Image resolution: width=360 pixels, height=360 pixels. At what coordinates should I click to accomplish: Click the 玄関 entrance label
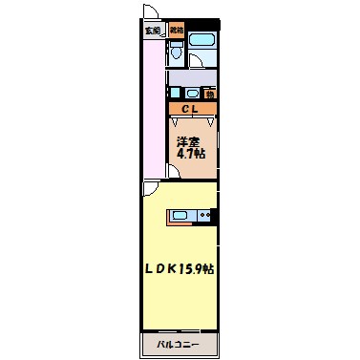click(x=152, y=31)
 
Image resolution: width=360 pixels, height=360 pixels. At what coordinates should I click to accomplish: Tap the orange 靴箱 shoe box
click(x=177, y=31)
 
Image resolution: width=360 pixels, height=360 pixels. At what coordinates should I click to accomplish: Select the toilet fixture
click(x=177, y=53)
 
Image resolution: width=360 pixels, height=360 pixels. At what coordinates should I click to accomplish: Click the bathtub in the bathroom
click(x=201, y=42)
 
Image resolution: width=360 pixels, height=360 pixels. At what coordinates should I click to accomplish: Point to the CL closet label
click(x=191, y=109)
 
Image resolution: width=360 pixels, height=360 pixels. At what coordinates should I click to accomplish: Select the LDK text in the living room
click(x=161, y=269)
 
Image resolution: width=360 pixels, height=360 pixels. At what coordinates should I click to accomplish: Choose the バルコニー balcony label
click(x=180, y=341)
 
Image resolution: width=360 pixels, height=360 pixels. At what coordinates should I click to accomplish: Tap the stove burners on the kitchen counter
click(x=203, y=216)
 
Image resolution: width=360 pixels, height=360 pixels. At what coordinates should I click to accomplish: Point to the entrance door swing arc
click(x=152, y=13)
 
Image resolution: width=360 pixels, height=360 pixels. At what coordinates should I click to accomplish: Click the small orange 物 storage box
click(x=209, y=93)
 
